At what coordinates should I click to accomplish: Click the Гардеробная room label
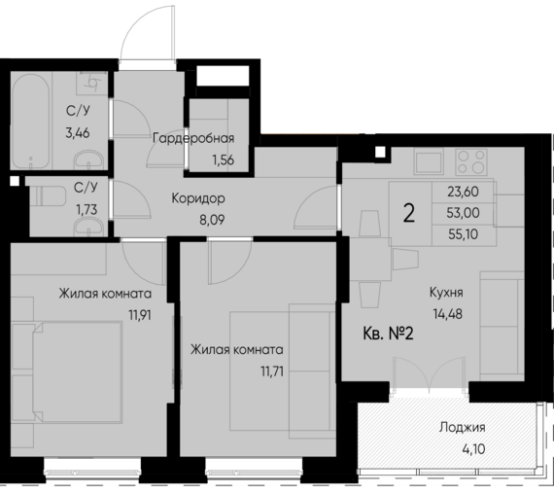pos(192,137)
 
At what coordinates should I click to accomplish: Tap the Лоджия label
pos(462,427)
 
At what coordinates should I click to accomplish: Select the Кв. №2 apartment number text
pos(389,334)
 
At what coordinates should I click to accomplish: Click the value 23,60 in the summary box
pos(466,192)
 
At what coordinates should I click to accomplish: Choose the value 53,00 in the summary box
pos(466,214)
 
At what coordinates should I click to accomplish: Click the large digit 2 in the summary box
pos(409,214)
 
